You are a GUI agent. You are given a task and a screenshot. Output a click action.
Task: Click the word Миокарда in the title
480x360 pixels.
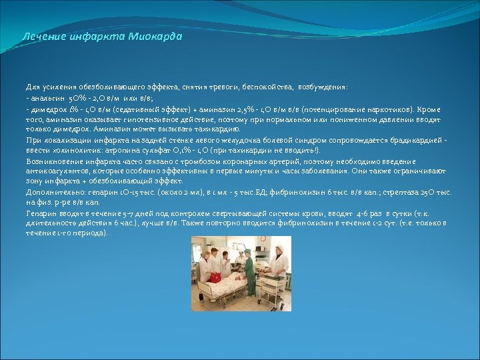click(155, 37)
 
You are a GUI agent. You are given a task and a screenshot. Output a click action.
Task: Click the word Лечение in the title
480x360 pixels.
click(43, 37)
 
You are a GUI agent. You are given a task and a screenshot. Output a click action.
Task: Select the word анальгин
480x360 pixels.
click(46, 98)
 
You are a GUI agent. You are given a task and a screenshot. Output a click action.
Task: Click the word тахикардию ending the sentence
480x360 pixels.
click(217, 129)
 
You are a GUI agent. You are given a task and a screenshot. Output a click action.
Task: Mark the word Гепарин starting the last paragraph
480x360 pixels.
click(41, 213)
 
